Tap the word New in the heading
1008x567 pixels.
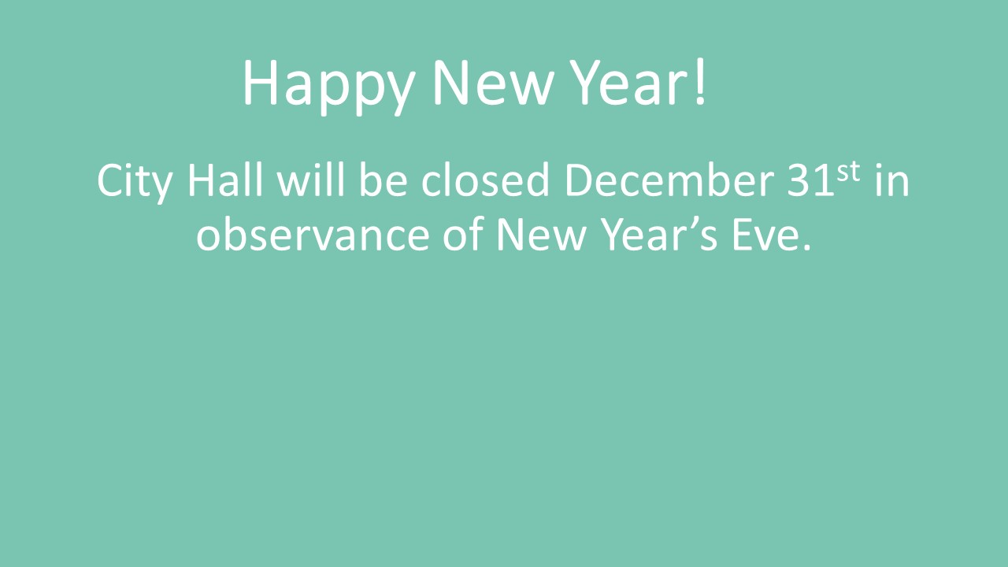coord(492,83)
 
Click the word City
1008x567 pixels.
coord(135,182)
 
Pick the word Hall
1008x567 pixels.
coord(225,180)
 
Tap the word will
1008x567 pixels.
coord(310,180)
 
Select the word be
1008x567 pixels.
coord(383,180)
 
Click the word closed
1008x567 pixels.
coord(485,180)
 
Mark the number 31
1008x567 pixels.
coord(810,180)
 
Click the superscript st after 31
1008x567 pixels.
coord(848,172)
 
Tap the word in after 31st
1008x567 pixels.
coord(892,180)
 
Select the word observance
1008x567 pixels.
coord(313,234)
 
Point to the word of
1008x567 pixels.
coord(463,234)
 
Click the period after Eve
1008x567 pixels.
coord(806,247)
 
